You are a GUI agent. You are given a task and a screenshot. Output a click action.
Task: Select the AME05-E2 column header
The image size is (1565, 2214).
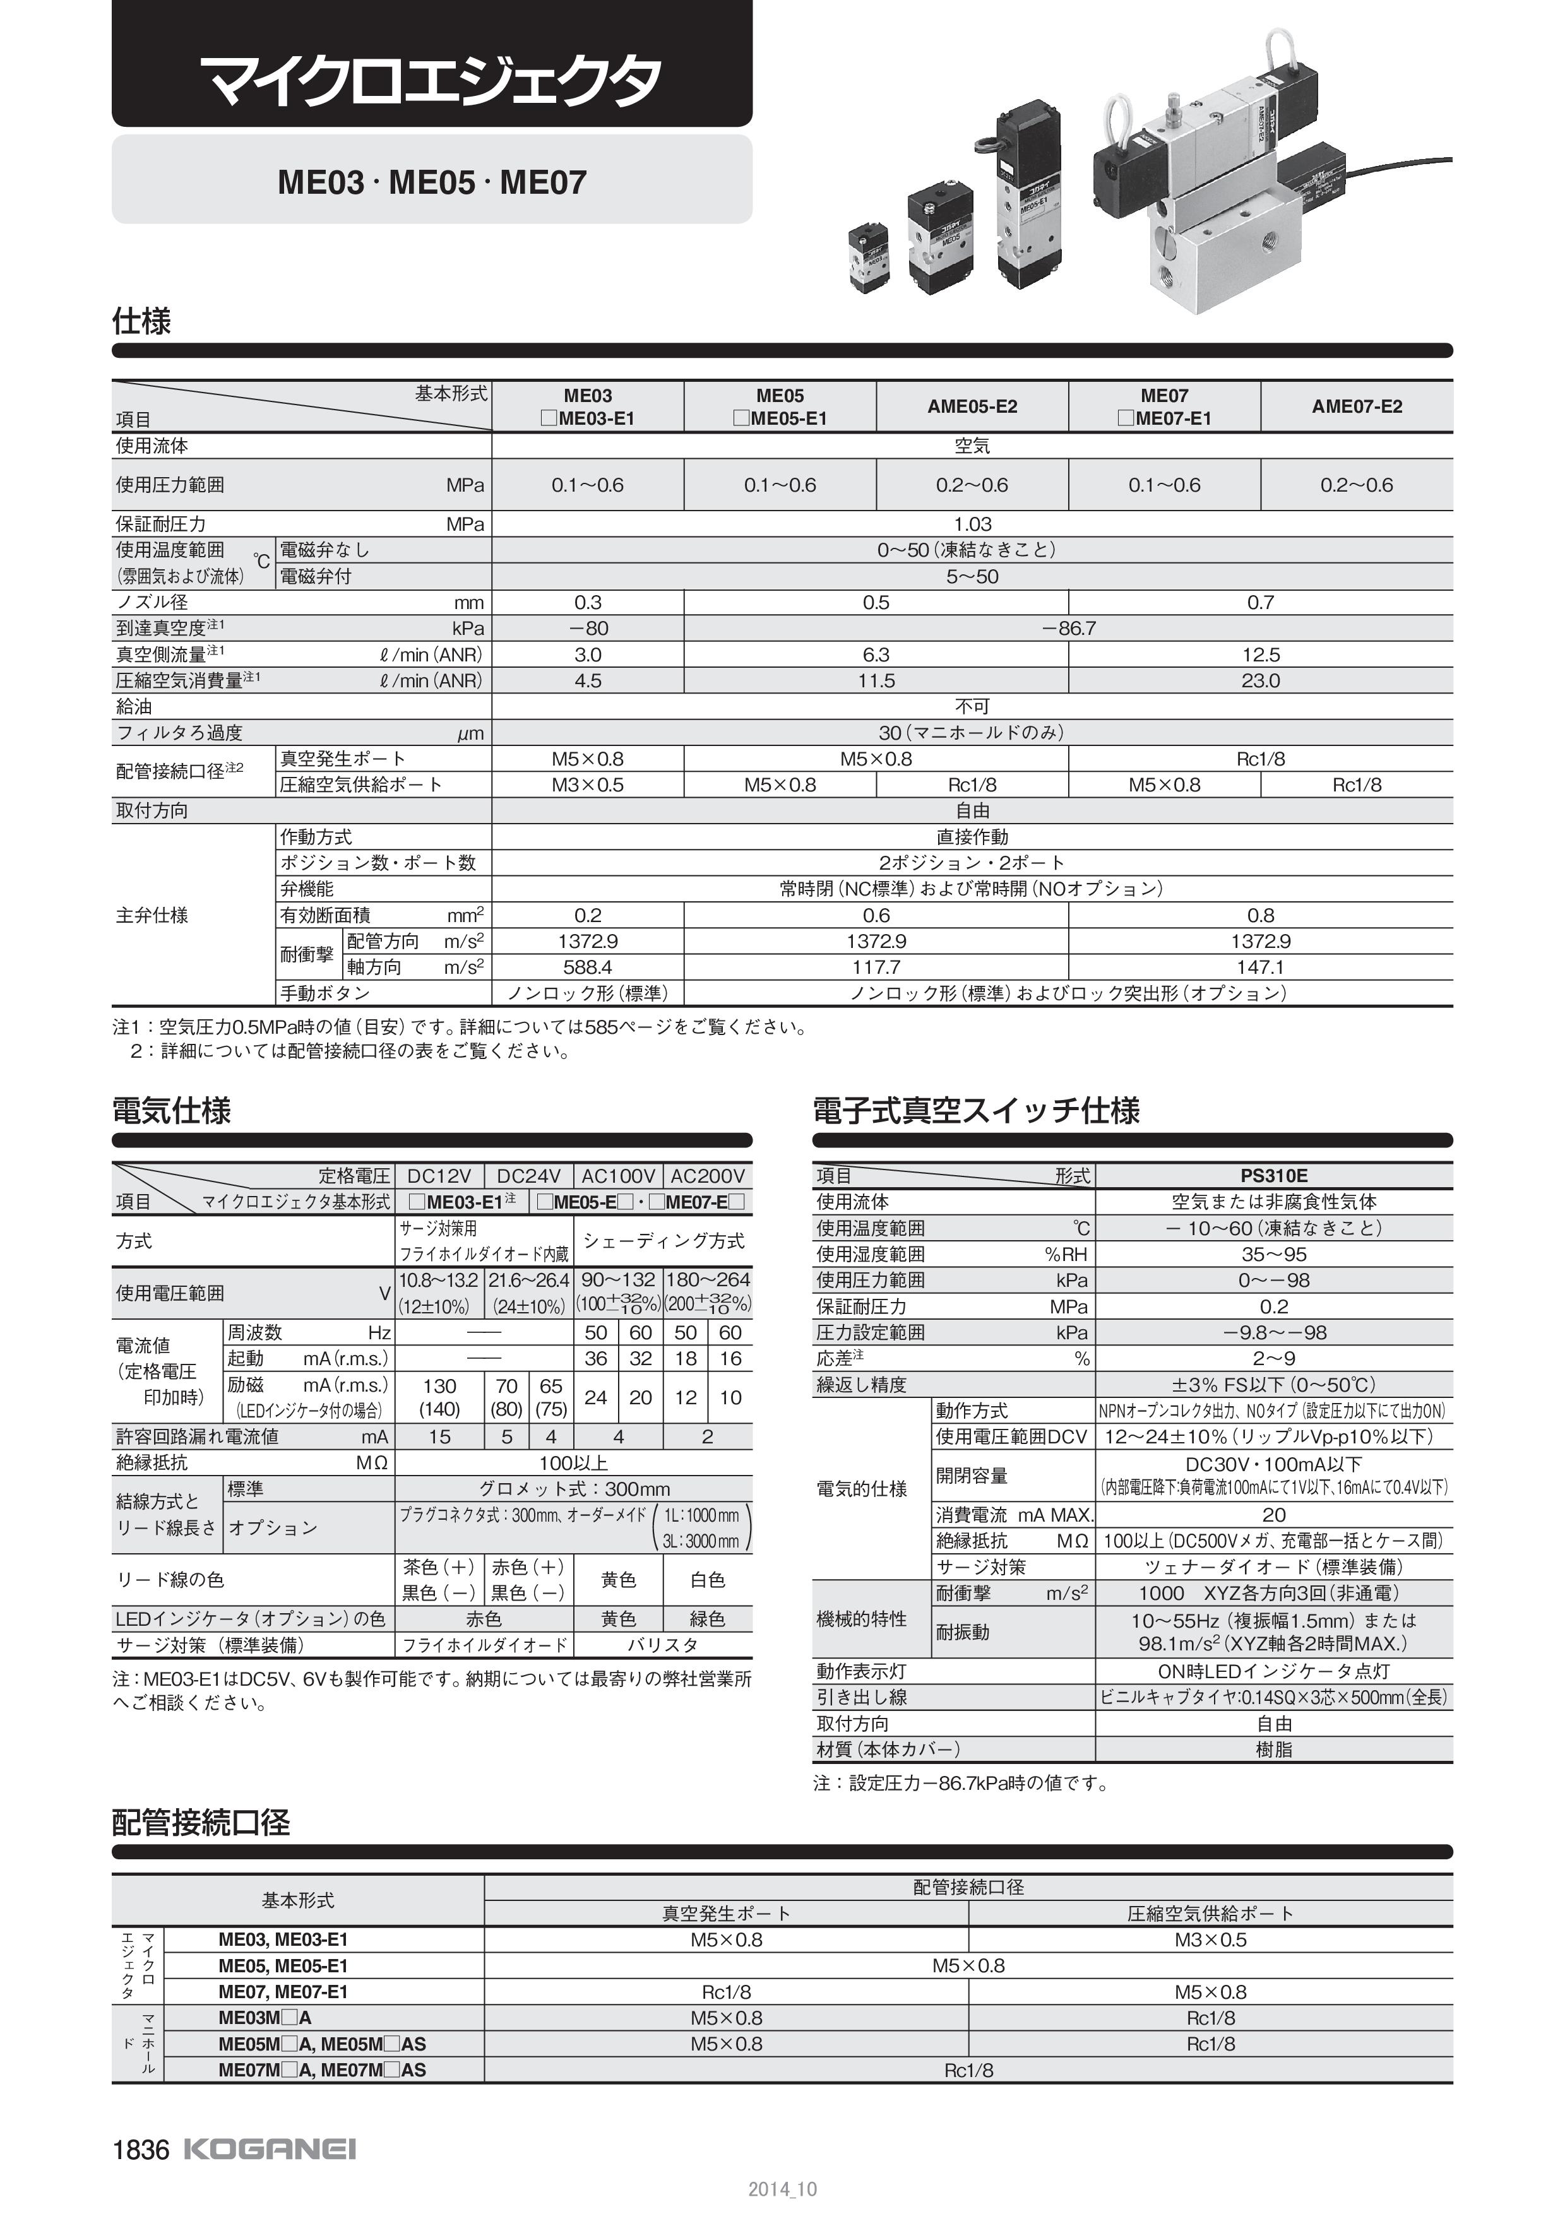coord(972,406)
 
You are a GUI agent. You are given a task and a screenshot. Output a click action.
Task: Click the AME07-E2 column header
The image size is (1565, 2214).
coord(1356,406)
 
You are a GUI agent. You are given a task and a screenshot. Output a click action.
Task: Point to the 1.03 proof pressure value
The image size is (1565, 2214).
coord(972,524)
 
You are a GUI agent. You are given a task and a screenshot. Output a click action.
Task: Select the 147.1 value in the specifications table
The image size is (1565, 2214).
coord(1260,967)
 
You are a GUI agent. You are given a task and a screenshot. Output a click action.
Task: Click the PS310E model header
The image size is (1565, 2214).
coord(1274,1175)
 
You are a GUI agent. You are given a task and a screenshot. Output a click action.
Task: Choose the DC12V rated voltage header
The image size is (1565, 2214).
coord(439,1175)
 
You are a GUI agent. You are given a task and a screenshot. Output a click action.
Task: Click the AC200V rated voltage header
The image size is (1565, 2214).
coord(708,1175)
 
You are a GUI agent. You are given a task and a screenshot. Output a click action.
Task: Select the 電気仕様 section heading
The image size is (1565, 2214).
coord(172,1111)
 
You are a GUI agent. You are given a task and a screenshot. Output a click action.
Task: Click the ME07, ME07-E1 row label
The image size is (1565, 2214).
coord(283,1991)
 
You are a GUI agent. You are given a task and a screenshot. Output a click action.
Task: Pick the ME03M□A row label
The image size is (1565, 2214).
coord(265,2017)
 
